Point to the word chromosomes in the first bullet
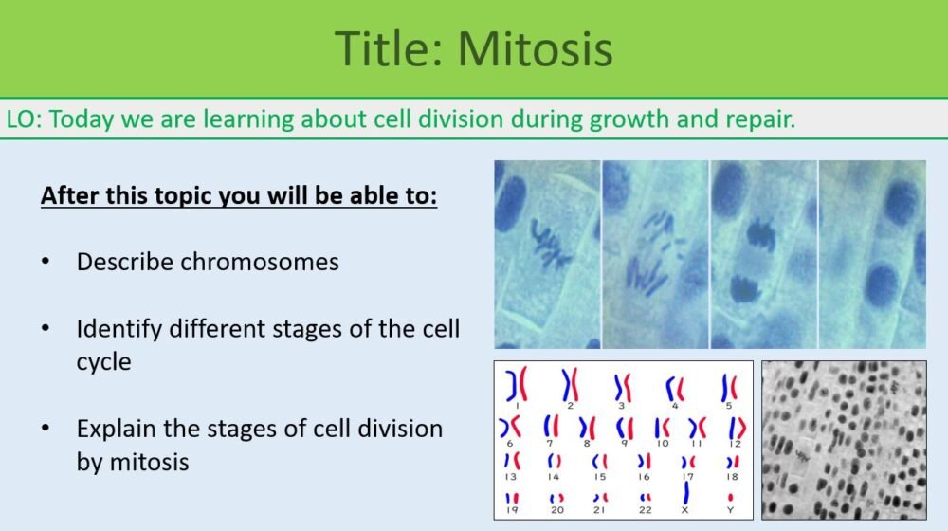click(x=261, y=262)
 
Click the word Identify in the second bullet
click(x=118, y=329)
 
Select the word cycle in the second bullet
click(x=103, y=362)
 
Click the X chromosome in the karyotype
click(x=685, y=494)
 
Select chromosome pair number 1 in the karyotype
click(x=516, y=385)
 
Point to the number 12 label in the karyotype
click(x=735, y=443)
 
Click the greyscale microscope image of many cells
click(x=844, y=440)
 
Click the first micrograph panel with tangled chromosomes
click(x=547, y=254)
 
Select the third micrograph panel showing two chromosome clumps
click(x=764, y=254)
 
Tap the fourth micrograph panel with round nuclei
click(x=872, y=254)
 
